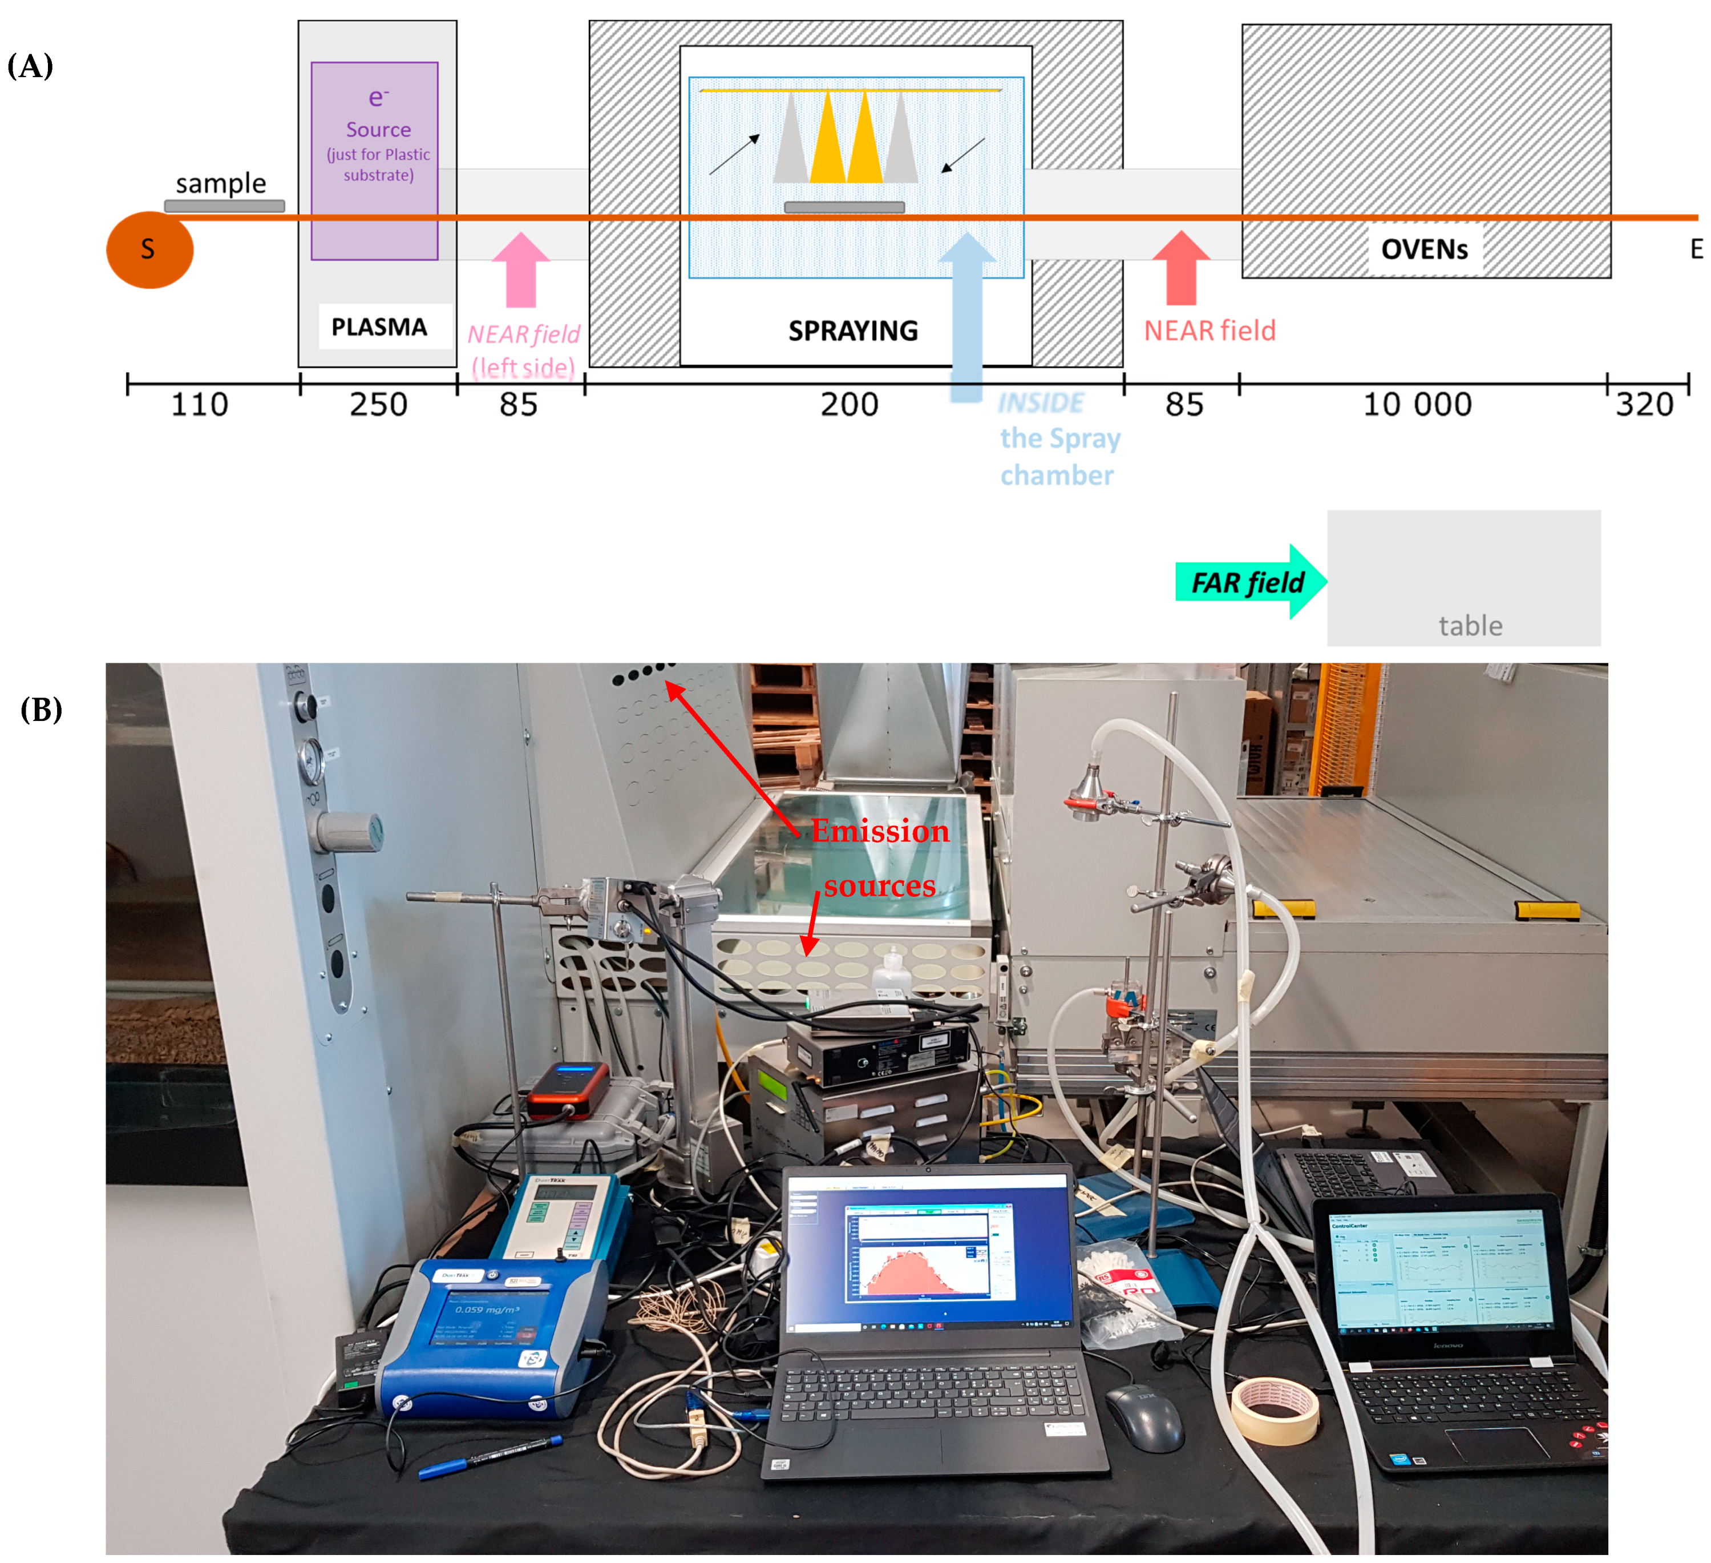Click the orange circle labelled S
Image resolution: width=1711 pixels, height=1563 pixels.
[x=149, y=249]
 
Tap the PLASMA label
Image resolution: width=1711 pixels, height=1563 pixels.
[x=378, y=327]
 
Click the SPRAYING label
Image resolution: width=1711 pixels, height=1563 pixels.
[x=853, y=331]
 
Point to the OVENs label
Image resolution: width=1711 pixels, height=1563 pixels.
[x=1424, y=249]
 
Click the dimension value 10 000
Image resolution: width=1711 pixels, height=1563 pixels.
[x=1417, y=404]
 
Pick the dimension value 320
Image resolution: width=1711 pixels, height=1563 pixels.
[x=1644, y=404]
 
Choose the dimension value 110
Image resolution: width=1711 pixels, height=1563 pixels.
[x=200, y=404]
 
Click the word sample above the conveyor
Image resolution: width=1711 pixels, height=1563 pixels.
[x=221, y=183]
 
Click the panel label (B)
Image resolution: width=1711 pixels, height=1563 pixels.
[x=41, y=709]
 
